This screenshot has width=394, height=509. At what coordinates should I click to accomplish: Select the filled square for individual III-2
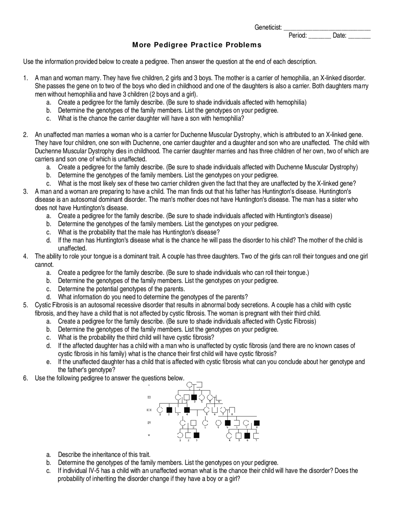169,410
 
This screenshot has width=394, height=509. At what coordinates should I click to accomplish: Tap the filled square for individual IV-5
228,423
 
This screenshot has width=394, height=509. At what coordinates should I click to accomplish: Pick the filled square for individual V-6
247,436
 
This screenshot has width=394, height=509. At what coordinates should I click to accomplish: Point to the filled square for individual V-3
196,435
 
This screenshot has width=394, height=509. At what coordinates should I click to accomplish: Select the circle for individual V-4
229,436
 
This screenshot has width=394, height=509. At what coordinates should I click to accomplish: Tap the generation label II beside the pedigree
149,397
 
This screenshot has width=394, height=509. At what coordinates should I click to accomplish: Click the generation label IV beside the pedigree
149,423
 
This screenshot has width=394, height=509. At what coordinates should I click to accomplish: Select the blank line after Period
320,36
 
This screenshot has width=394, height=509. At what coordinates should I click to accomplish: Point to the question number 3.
26,191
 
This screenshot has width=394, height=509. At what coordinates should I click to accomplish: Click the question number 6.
26,378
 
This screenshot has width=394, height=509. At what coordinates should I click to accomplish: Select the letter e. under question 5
48,362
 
